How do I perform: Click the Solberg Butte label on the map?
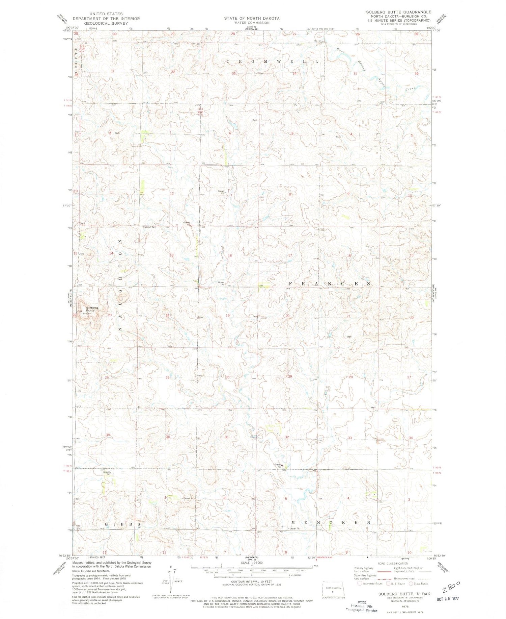click(x=92, y=309)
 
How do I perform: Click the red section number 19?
click(x=228, y=316)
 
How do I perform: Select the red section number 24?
click(x=167, y=316)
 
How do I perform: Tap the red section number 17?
click(x=290, y=255)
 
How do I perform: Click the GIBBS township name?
click(x=116, y=524)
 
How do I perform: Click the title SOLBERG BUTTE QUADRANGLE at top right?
click(x=398, y=12)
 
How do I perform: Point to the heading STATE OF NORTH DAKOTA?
click(x=252, y=18)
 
